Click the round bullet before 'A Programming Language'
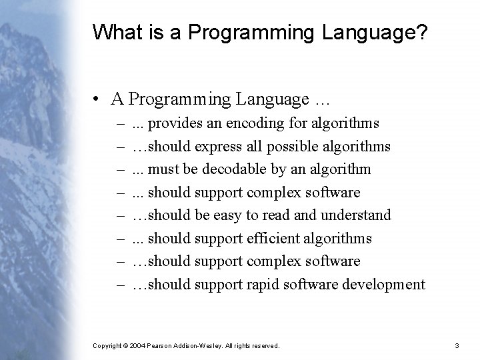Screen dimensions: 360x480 click(97, 99)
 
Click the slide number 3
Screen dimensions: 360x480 click(457, 345)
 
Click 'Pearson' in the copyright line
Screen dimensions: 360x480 click(163, 345)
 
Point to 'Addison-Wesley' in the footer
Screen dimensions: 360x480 click(201, 345)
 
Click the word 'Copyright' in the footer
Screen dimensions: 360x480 click(107, 345)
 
